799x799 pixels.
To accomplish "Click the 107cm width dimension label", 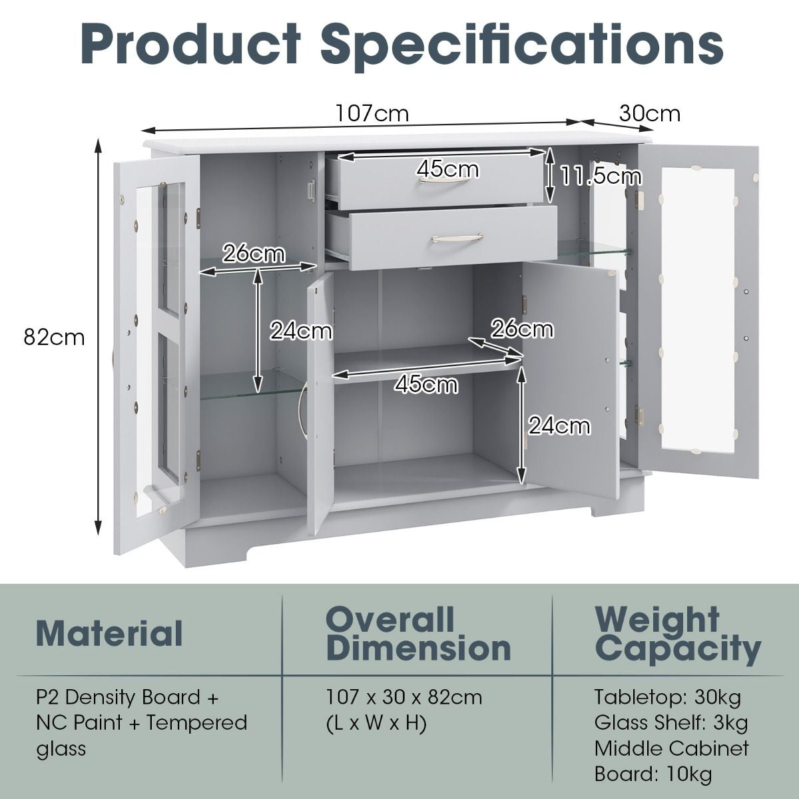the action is [372, 113].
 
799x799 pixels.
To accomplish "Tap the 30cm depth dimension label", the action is [650, 113].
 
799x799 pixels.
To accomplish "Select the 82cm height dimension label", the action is [55, 337].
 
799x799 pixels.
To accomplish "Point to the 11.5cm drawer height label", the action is [601, 176].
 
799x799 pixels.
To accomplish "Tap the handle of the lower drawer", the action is [457, 238].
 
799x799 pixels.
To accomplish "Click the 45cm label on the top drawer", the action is [448, 169].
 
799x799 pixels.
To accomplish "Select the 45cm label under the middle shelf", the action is [427, 385].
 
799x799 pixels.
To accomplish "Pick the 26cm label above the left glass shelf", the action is [254, 254].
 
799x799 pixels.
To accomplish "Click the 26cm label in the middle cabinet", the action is [523, 329].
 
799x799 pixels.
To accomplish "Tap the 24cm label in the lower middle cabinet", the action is [559, 426].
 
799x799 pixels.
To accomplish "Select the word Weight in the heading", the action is [657, 620].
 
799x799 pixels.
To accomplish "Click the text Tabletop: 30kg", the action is [668, 696].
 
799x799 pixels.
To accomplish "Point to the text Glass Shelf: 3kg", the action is [671, 722].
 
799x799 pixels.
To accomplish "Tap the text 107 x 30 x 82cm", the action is [404, 696].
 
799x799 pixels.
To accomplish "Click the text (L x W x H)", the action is [376, 722].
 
